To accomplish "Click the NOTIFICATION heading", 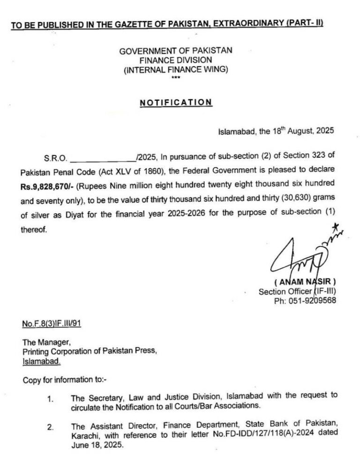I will [176, 103].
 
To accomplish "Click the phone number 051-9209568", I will [313, 301].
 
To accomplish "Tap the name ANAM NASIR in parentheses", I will [305, 282].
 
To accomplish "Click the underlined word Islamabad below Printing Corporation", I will [41, 361].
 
